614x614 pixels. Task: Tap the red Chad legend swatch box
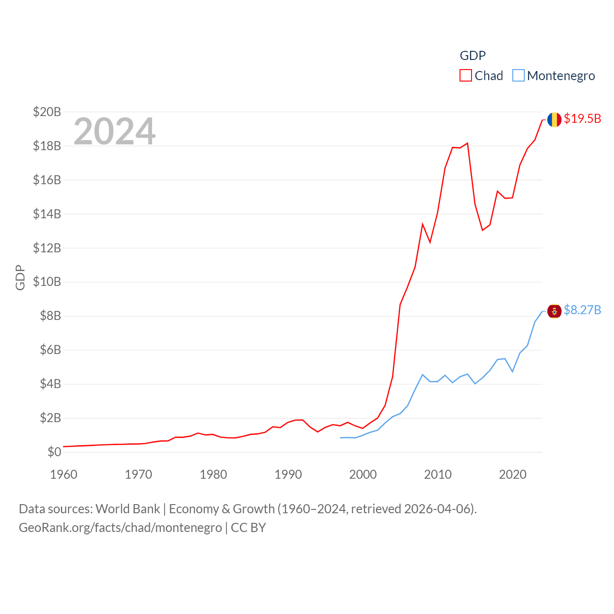click(466, 76)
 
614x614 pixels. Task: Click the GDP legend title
click(472, 56)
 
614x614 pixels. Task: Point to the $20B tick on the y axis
click(47, 112)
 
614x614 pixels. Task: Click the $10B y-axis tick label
click(47, 282)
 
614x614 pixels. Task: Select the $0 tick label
click(54, 452)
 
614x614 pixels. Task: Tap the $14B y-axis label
click(47, 214)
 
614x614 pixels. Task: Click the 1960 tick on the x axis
click(64, 474)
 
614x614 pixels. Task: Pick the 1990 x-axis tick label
click(288, 474)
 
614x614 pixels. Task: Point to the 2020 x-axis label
click(513, 474)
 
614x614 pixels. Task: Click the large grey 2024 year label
click(115, 131)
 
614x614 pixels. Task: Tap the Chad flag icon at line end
click(554, 119)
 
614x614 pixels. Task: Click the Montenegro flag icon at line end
click(554, 311)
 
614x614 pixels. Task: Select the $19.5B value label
click(582, 118)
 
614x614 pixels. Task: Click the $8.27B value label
click(582, 310)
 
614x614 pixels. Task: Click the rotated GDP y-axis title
click(20, 277)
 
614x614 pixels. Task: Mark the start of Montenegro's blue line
click(341, 437)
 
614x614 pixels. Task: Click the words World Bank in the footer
click(128, 508)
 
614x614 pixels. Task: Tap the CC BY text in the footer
click(248, 528)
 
